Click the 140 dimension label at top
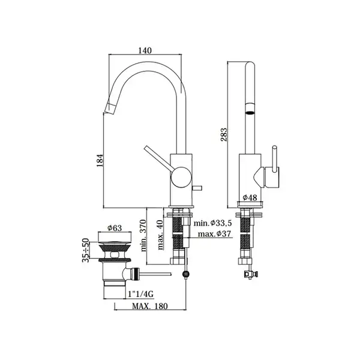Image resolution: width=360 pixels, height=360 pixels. [145, 50]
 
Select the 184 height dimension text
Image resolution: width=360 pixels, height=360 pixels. [100, 160]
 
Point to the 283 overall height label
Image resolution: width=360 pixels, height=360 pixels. [224, 134]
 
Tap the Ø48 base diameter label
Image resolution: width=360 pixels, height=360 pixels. [250, 197]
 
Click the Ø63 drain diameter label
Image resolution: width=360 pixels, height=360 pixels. [115, 228]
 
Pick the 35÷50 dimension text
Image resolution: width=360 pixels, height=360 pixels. [86, 250]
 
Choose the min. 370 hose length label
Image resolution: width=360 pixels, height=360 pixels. [143, 236]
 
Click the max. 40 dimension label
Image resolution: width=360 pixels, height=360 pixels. [160, 235]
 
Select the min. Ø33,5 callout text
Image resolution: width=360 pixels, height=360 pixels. [212, 223]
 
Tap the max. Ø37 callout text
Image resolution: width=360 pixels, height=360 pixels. [214, 234]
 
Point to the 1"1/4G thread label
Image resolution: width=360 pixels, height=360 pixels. [141, 294]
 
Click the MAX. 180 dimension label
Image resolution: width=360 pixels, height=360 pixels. [150, 306]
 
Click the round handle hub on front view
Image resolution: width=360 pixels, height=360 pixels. [181, 177]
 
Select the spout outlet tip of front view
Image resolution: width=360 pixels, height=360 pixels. [109, 109]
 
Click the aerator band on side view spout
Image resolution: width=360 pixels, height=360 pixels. [250, 109]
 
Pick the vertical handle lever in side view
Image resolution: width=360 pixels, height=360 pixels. [274, 158]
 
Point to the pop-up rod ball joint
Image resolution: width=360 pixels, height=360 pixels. [185, 274]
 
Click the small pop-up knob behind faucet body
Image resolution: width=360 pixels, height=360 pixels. [197, 188]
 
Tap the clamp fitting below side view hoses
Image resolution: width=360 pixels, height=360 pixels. [251, 274]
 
